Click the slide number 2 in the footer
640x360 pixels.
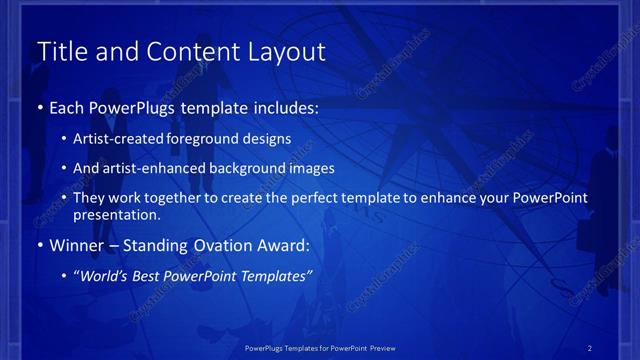click(x=589, y=348)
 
